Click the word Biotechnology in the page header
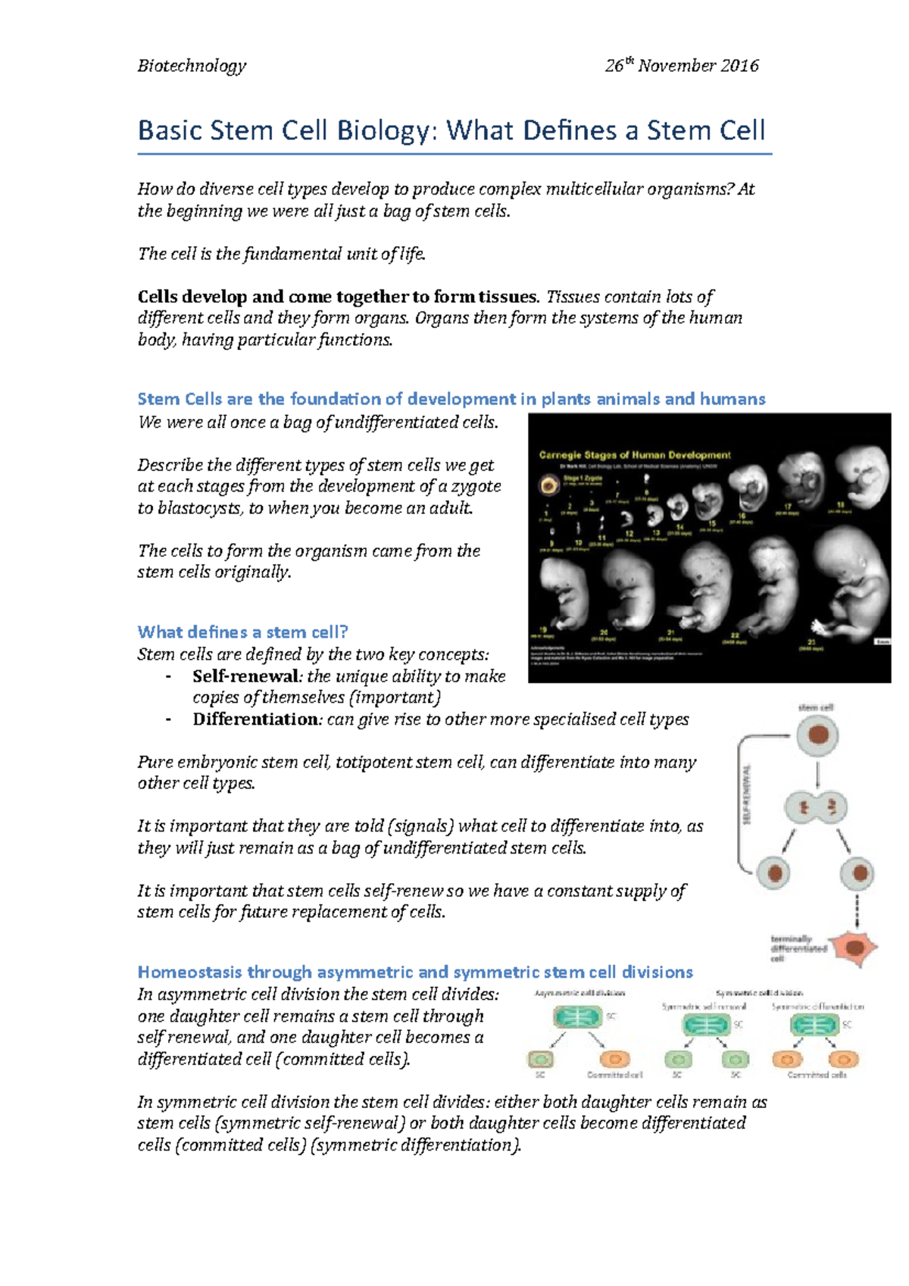[x=192, y=66]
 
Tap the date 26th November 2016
[x=681, y=66]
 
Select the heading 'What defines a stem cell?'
[x=242, y=632]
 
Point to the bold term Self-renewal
[x=247, y=676]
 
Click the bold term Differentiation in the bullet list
[x=256, y=719]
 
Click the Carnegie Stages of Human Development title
[x=635, y=455]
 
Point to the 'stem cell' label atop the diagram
[x=816, y=707]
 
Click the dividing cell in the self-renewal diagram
[x=817, y=808]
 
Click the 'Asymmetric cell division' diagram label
[x=580, y=993]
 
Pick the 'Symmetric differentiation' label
[x=817, y=1007]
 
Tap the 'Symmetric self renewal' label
[x=704, y=1007]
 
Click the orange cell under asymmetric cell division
[x=614, y=1059]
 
